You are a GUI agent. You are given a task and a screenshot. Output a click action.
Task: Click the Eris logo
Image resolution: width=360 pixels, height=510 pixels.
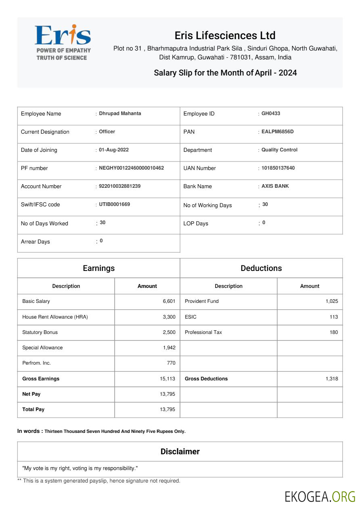pyautogui.click(x=63, y=42)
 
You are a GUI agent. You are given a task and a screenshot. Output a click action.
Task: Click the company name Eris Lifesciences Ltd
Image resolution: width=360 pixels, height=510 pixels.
pyautogui.click(x=225, y=35)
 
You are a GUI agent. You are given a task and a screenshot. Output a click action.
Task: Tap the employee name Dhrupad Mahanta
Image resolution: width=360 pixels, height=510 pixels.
pyautogui.click(x=120, y=113)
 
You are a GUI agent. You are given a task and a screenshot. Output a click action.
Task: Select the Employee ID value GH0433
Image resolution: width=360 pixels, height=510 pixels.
pyautogui.click(x=270, y=113)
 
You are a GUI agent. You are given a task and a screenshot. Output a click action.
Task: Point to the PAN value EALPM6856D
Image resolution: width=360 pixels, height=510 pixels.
pyautogui.click(x=277, y=132)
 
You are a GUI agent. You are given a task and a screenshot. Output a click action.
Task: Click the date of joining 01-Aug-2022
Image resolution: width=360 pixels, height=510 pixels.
pyautogui.click(x=114, y=150)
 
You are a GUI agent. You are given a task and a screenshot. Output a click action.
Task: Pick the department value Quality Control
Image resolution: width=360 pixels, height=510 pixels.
pyautogui.click(x=279, y=150)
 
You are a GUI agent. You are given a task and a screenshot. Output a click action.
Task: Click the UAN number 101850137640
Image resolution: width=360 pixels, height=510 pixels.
pyautogui.click(x=278, y=168)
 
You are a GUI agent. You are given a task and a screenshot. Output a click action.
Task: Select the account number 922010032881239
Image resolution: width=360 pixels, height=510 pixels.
pyautogui.click(x=119, y=186)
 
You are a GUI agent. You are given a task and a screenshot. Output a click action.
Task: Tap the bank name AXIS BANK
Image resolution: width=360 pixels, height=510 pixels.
pyautogui.click(x=275, y=186)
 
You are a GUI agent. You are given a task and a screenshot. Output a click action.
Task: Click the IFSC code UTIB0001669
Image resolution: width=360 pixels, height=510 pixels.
pyautogui.click(x=114, y=204)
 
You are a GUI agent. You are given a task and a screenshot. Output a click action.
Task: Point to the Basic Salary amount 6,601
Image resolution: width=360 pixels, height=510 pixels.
pyautogui.click(x=169, y=301)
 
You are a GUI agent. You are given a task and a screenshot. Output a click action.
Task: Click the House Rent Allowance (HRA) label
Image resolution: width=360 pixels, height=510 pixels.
pyautogui.click(x=55, y=317)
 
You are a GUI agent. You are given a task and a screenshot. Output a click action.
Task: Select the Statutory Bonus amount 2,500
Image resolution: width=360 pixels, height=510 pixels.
pyautogui.click(x=169, y=332)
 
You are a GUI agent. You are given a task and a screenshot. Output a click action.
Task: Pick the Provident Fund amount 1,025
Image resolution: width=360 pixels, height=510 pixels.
pyautogui.click(x=332, y=301)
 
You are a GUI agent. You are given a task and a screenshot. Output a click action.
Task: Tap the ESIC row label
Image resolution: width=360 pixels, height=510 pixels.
pyautogui.click(x=190, y=317)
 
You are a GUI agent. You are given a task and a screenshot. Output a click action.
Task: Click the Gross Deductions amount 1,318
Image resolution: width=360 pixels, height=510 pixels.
pyautogui.click(x=332, y=379)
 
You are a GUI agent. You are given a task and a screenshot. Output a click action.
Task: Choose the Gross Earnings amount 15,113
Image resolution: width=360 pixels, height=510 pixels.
pyautogui.click(x=167, y=379)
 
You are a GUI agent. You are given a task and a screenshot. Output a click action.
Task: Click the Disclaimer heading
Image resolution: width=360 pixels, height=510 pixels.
pyautogui.click(x=180, y=451)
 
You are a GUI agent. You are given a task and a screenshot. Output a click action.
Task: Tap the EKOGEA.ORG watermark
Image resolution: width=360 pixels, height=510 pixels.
pyautogui.click(x=320, y=496)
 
